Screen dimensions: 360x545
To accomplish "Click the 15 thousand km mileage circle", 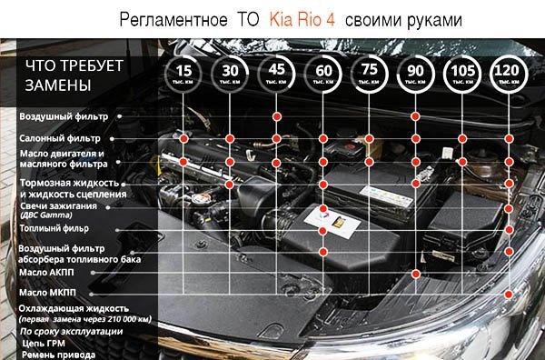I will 184,72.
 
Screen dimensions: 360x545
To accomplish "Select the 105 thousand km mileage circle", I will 463,72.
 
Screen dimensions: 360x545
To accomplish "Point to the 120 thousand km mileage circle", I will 510,72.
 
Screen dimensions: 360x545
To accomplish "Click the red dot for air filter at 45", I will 277,117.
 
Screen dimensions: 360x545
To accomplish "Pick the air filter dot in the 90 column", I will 416,117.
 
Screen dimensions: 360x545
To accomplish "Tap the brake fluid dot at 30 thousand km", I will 231,184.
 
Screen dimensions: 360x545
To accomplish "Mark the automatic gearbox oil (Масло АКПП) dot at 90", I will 416,272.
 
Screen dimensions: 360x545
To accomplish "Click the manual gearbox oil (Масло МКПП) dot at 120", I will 510,293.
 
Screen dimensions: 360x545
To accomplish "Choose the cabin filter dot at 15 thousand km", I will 184,138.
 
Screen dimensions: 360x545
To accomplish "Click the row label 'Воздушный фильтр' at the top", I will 64,117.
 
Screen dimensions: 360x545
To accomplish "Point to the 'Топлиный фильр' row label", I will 57,229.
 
